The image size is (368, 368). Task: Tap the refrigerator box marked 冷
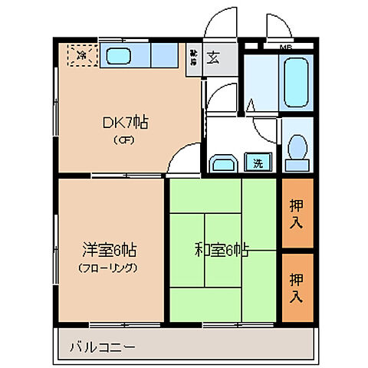click(82, 54)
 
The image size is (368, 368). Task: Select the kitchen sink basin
click(120, 55)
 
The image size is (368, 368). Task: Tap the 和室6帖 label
click(222, 249)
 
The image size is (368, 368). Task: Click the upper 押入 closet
click(297, 213)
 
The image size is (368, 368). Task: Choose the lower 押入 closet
click(297, 286)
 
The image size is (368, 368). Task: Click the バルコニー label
click(100, 347)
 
